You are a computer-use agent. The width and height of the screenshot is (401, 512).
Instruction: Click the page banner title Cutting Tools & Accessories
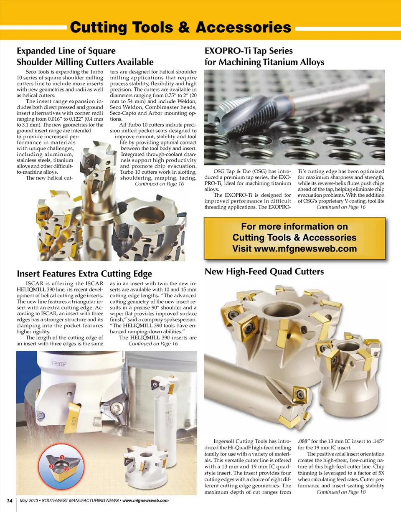[x=180, y=28]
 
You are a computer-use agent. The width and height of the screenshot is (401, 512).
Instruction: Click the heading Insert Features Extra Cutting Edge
[x=84, y=274]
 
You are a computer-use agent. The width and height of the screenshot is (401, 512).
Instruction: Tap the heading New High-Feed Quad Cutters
[x=264, y=271]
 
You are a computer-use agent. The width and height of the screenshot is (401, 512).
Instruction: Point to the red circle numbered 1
[x=62, y=457]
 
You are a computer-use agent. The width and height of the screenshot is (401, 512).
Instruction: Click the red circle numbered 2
[x=51, y=466]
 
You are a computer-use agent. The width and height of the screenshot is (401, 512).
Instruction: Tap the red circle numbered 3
[x=66, y=470]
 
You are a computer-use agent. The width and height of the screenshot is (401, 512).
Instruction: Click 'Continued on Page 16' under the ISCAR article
[x=153, y=344]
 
